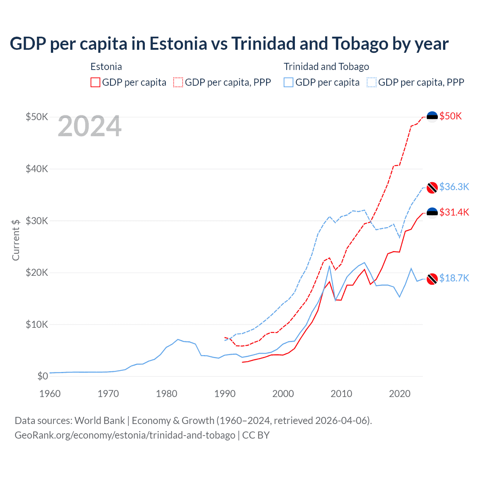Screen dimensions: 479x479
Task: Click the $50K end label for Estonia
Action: coord(451,116)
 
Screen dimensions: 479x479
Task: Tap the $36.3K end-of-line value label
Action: coord(454,187)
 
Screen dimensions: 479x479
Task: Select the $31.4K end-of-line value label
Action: coord(454,212)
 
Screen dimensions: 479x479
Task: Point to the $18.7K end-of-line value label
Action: coord(454,278)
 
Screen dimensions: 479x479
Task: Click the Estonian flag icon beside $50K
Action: coord(432,117)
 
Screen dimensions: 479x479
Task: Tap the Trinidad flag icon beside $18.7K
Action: coord(432,279)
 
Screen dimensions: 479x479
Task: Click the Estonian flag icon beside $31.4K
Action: coord(432,213)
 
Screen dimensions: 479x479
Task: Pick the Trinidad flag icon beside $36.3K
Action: coord(432,187)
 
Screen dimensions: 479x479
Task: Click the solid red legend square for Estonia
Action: coord(95,82)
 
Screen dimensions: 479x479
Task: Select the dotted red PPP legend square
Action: coord(178,82)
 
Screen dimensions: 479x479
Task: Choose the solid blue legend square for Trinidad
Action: coord(289,82)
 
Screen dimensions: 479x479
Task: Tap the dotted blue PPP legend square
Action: coord(372,82)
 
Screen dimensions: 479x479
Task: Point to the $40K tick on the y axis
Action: coord(37,169)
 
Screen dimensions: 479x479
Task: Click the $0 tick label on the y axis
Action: coord(43,376)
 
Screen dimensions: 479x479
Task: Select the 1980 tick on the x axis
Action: coord(167,394)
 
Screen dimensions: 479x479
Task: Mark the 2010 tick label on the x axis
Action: coord(341,394)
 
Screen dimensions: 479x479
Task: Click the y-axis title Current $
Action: coord(16,240)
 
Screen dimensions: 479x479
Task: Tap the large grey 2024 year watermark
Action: coord(89,126)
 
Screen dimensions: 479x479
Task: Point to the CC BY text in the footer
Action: coord(256,435)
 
